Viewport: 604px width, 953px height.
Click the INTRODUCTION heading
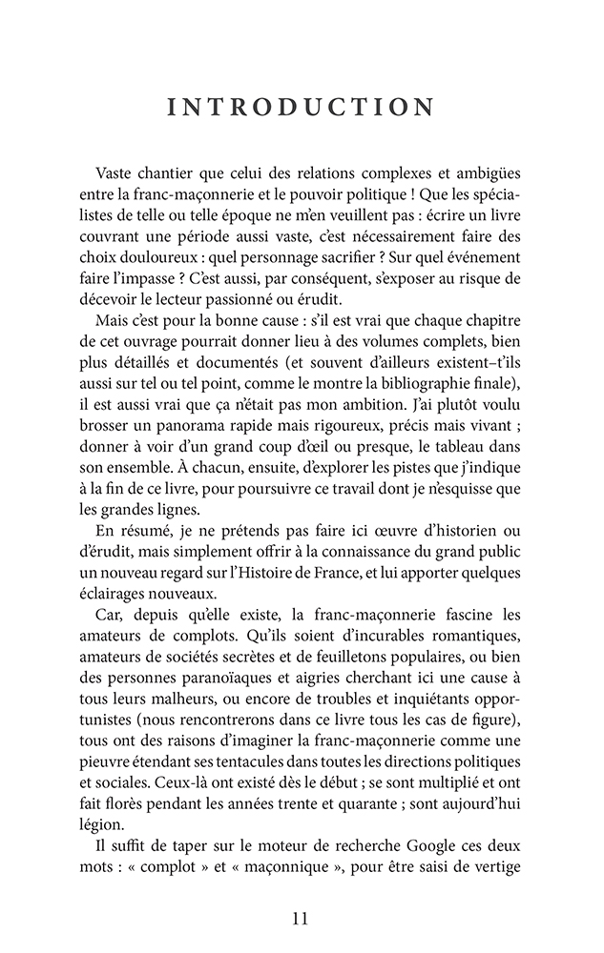pyautogui.click(x=302, y=106)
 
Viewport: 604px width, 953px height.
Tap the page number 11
pyautogui.click(x=301, y=919)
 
